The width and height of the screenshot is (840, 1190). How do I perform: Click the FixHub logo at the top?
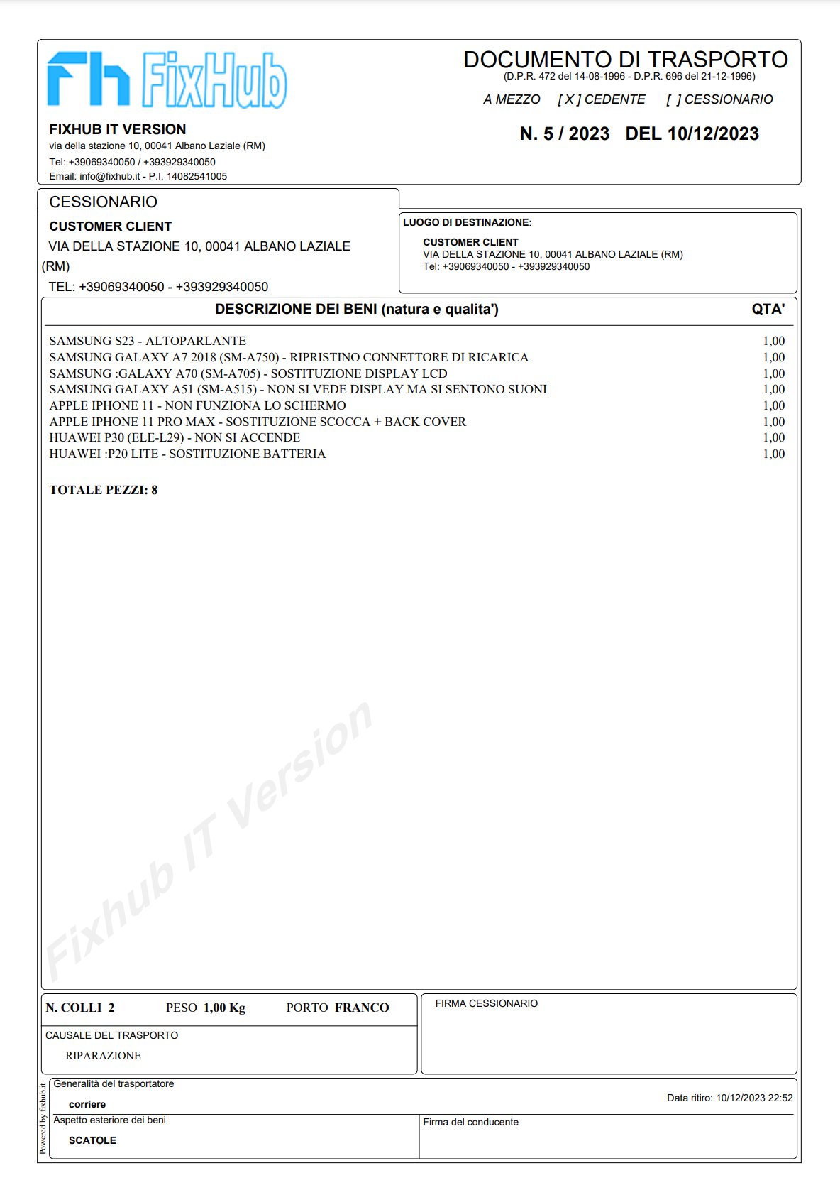pos(167,80)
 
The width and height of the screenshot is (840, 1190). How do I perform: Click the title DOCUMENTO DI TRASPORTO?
pos(625,60)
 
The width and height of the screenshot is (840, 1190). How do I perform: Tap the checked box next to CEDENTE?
pos(569,99)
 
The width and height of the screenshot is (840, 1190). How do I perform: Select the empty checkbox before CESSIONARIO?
pos(673,99)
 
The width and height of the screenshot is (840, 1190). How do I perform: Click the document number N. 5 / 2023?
pos(564,133)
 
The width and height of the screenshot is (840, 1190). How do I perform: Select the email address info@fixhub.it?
pos(109,176)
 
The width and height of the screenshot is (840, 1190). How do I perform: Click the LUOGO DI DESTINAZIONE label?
pos(466,222)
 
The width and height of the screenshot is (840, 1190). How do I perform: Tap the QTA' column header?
pos(768,309)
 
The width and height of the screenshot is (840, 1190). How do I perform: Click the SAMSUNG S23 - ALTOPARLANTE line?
pos(148,341)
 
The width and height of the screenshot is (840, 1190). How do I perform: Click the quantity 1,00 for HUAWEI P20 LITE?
pos(773,454)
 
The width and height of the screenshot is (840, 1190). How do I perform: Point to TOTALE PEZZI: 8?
pos(104,490)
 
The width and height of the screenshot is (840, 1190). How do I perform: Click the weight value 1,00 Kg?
pos(224,1008)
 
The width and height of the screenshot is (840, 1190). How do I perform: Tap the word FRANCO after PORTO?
pos(362,1008)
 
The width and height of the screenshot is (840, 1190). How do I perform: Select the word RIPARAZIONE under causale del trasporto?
pos(103,1056)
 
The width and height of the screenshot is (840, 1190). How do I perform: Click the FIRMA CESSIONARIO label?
pos(486,1003)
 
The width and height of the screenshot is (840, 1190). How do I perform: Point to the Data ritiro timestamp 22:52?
pos(780,1098)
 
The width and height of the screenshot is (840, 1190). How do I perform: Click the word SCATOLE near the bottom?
pos(92,1140)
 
